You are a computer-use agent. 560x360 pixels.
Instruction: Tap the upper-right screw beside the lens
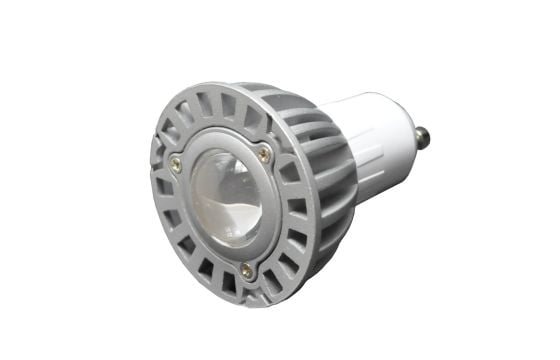264,152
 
